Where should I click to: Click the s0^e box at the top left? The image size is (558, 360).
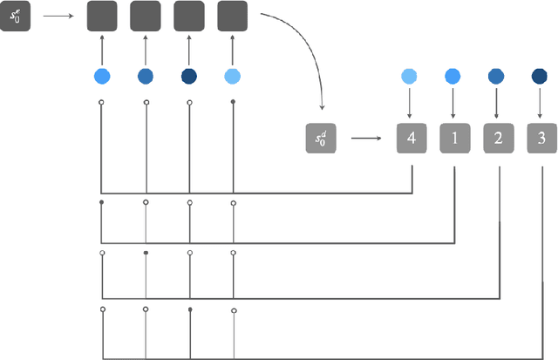click(x=15, y=17)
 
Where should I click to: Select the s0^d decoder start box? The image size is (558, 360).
click(x=321, y=138)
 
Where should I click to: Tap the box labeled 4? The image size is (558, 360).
click(x=412, y=138)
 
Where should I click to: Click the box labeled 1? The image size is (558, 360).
click(x=454, y=138)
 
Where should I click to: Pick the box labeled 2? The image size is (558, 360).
click(x=498, y=138)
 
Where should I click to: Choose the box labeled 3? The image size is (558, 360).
click(x=541, y=138)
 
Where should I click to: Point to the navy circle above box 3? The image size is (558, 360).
click(x=540, y=77)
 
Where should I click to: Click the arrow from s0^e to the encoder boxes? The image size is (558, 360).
click(x=58, y=16)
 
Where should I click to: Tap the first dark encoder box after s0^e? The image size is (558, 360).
click(x=102, y=17)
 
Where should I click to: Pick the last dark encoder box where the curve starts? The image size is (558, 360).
click(x=233, y=17)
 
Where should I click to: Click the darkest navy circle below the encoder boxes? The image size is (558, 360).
click(x=189, y=77)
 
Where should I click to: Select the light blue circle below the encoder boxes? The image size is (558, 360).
click(x=233, y=77)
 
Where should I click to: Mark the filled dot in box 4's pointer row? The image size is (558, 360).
click(x=233, y=103)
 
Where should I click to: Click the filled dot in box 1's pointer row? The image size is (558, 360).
click(x=103, y=202)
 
